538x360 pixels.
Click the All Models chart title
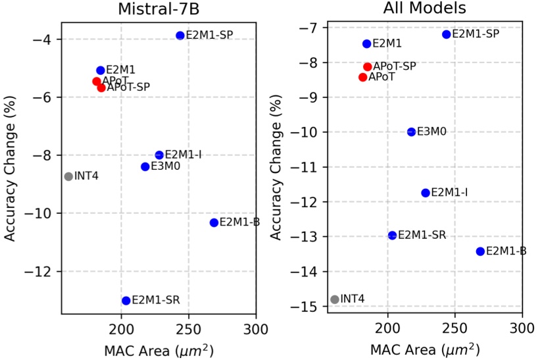click(x=424, y=9)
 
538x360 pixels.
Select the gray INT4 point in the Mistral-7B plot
click(x=68, y=176)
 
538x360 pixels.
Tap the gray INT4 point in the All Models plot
click(x=335, y=299)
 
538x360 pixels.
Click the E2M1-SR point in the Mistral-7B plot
click(x=126, y=301)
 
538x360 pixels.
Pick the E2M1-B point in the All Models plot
click(x=480, y=251)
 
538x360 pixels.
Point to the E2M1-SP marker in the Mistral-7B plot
click(x=180, y=36)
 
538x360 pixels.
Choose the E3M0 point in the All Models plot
click(x=412, y=132)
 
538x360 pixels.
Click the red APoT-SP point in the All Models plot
click(x=368, y=67)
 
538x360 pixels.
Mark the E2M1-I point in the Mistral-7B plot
click(x=159, y=155)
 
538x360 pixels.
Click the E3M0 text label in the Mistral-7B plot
click(x=166, y=167)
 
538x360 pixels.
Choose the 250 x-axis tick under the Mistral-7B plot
click(x=188, y=327)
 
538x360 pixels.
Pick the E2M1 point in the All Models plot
click(x=366, y=44)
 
